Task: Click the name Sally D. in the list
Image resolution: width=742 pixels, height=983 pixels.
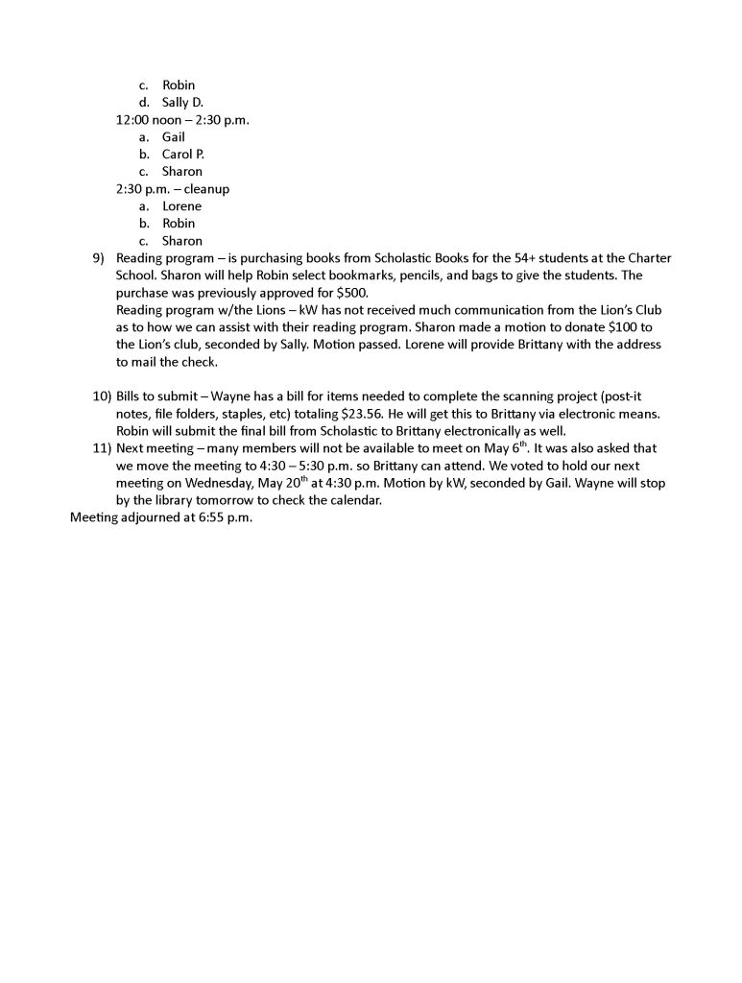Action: coord(182,103)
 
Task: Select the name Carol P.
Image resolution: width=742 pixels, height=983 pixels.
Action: coord(183,155)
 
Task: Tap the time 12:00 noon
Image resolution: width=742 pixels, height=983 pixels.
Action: coord(149,120)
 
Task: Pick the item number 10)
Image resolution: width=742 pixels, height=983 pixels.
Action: coord(102,396)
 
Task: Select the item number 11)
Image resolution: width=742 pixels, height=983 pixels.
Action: coord(102,448)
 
